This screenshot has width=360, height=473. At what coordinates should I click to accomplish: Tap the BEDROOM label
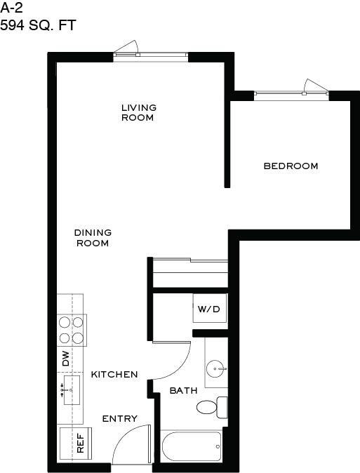coord(291,166)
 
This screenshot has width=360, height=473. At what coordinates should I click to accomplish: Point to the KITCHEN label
coord(114,375)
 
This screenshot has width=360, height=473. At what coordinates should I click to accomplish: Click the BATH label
coord(183,391)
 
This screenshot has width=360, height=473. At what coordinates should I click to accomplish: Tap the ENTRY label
coord(119,419)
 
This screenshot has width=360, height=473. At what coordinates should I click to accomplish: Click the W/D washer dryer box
coord(210,309)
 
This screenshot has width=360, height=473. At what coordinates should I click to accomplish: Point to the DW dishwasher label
coord(65,359)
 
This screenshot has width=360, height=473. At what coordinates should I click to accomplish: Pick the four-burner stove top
coord(72,329)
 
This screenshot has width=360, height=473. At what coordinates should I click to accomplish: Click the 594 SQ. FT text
coord(38,26)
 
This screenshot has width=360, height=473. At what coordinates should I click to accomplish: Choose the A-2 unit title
coord(13,9)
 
